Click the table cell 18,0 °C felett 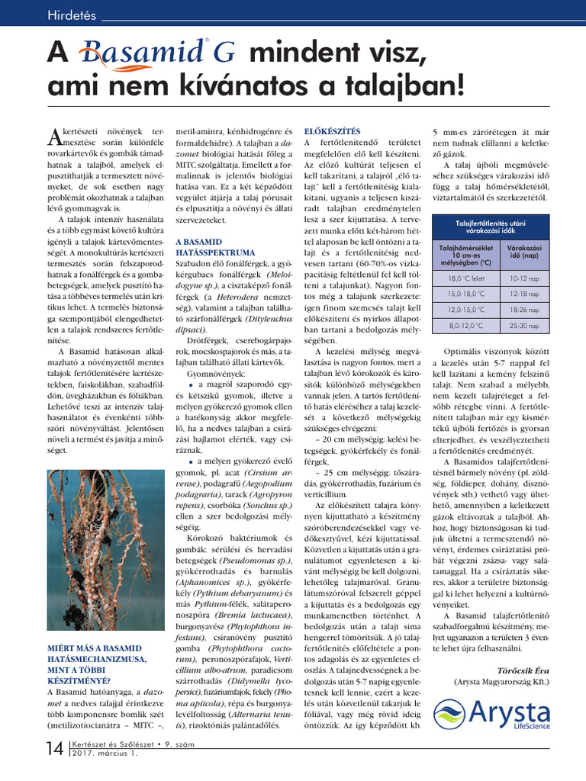point(465,280)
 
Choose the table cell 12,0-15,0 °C point(465,310)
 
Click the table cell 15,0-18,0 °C point(465,295)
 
